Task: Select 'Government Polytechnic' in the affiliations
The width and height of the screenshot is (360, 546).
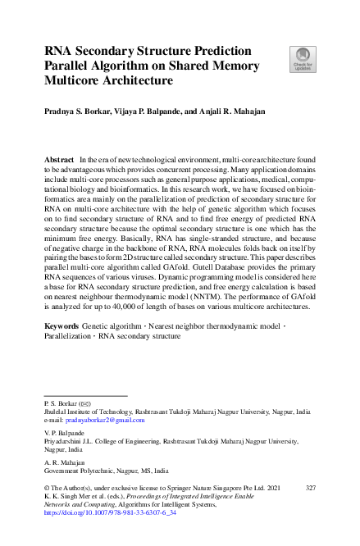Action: click(x=80, y=471)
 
